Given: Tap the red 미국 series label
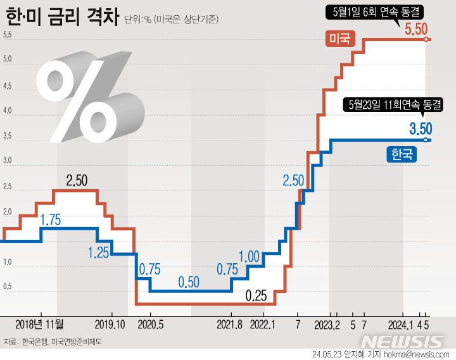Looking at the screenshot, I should (339, 39).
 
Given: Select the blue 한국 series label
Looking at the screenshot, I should (401, 154).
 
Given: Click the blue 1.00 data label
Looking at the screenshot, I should (250, 256).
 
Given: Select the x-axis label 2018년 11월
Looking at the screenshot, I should (40, 324).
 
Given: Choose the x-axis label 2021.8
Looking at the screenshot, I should (231, 324).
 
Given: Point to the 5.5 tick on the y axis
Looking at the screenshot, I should (8, 35).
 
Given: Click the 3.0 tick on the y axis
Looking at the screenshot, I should (8, 161).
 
